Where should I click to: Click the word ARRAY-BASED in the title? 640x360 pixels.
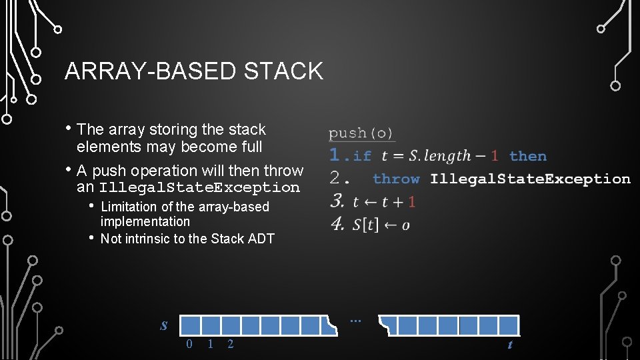(151, 71)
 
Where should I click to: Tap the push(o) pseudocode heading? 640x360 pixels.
(361, 133)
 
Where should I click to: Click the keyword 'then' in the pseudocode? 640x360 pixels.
(528, 156)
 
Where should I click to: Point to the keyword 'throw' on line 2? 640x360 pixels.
(396, 179)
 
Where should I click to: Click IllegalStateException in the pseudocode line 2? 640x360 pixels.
(530, 179)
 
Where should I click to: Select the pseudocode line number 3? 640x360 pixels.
(337, 201)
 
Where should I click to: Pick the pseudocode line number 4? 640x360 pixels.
(338, 223)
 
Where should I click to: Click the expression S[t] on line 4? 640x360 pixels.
(365, 224)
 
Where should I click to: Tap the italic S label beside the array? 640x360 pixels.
(164, 326)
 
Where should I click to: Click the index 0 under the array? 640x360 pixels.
(189, 344)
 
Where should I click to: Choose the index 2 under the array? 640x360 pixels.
(231, 344)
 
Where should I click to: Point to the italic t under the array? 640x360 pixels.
(510, 345)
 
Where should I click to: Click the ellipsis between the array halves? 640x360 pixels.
(355, 321)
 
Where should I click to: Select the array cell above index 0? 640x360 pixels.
(191, 325)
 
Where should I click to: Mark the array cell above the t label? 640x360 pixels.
(509, 325)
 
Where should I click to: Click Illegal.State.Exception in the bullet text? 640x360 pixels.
(199, 187)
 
